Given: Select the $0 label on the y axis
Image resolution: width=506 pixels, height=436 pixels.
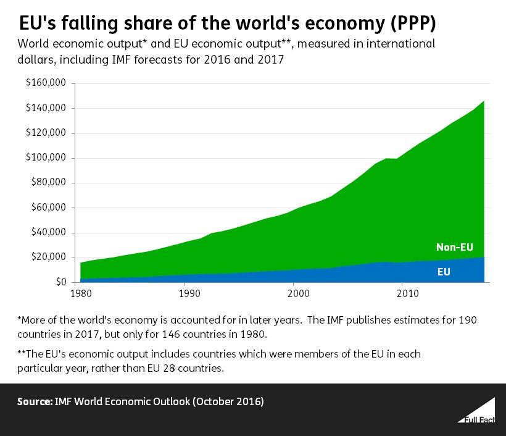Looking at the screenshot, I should (60, 282).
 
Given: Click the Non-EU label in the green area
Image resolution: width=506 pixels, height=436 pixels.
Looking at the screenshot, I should (454, 248).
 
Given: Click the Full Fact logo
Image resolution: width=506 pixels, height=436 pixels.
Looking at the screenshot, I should (476, 410).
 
